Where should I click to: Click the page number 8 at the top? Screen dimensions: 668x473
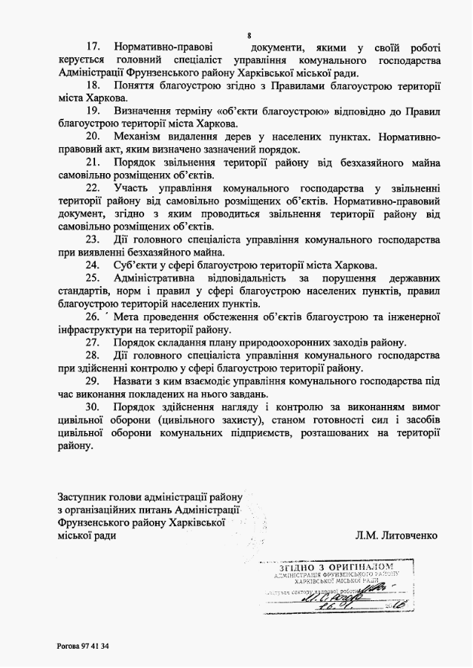tap(249, 35)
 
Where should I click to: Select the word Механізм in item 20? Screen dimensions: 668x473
tap(140, 137)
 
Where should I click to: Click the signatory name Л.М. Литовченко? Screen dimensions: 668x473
tap(397, 535)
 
